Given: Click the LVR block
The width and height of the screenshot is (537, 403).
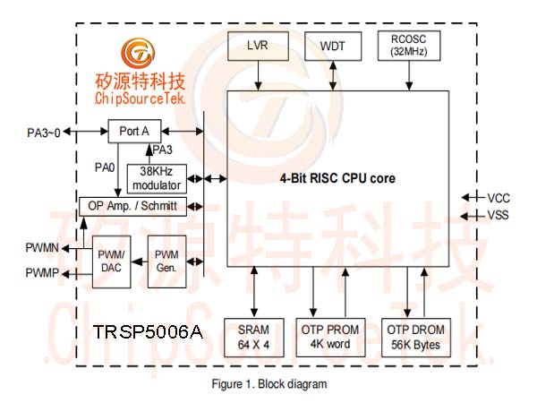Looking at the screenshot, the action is click(258, 47).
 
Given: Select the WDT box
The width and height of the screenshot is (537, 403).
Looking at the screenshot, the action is click(333, 47).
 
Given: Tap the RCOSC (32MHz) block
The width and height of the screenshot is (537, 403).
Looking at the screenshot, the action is click(409, 46).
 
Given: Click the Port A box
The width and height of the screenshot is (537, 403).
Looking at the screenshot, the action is click(134, 132).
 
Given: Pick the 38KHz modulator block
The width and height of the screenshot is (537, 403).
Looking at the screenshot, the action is click(157, 178).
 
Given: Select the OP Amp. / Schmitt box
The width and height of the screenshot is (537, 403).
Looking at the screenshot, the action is click(132, 206).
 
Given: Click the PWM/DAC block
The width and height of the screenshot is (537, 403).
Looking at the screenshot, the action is click(111, 262).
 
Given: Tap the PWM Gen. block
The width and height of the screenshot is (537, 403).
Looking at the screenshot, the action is click(166, 262).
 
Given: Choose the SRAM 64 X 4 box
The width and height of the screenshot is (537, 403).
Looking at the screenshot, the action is click(254, 338).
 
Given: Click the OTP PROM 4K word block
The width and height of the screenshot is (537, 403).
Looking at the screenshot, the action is click(330, 338).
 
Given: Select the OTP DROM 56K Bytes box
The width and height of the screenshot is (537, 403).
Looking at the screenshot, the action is click(416, 338).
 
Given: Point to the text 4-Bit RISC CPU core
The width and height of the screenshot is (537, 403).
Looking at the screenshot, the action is click(337, 178).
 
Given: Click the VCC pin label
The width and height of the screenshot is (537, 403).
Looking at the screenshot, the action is click(499, 198).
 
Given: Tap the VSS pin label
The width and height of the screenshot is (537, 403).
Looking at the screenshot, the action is click(499, 215).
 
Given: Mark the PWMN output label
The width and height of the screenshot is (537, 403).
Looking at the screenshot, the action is click(42, 247).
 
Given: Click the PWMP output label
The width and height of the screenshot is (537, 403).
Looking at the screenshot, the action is click(42, 273).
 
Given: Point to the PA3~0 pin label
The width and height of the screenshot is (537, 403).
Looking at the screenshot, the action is click(44, 133).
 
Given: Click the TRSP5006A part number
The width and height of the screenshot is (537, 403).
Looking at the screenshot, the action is click(148, 331).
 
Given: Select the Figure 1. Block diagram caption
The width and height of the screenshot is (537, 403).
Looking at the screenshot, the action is click(269, 384).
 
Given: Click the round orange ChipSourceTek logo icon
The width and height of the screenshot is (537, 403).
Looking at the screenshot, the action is click(138, 54).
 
